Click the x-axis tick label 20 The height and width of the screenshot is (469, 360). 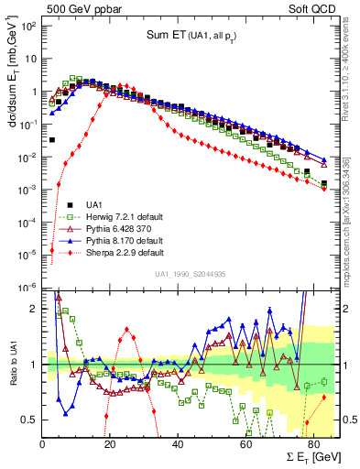coord(110,445)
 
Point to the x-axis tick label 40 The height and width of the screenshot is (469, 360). coord(177,445)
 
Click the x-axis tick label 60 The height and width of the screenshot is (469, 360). coord(245,445)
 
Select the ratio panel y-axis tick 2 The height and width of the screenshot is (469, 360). coord(35,309)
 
